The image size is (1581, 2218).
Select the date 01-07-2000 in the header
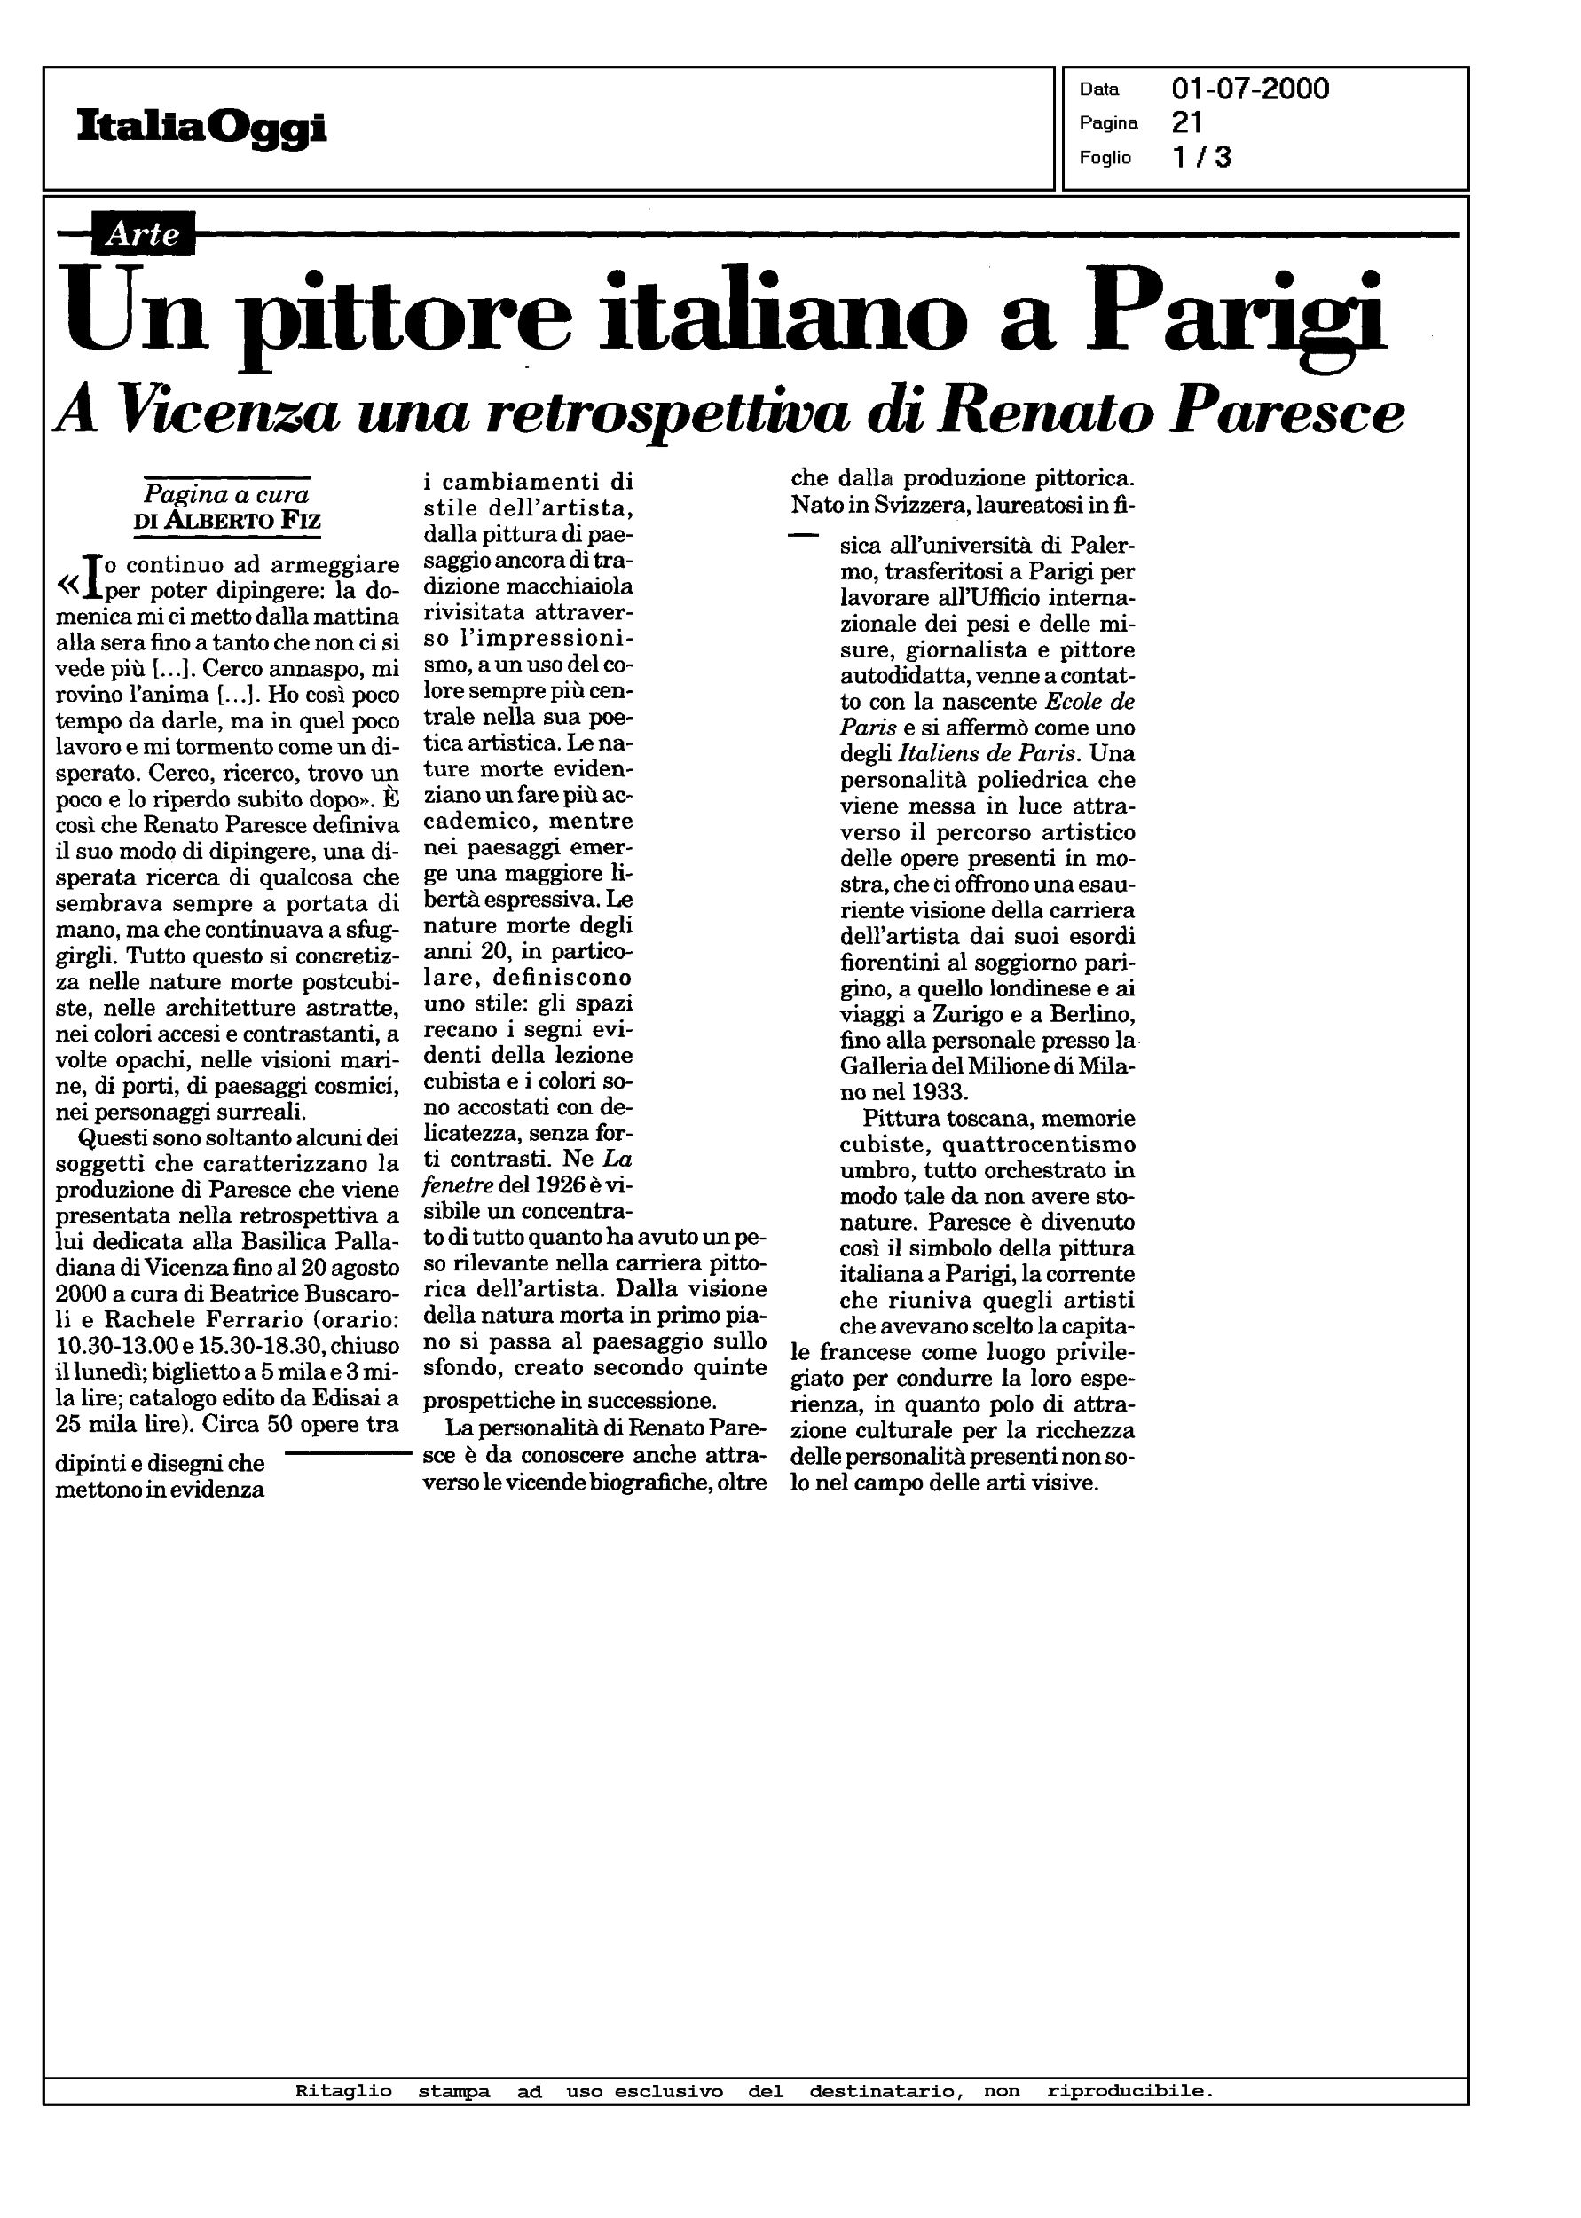1250,90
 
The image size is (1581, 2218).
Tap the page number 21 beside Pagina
1187,122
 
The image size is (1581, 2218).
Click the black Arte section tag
142,233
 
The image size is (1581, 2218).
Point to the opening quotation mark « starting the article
68,584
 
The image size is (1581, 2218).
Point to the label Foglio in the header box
1105,158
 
